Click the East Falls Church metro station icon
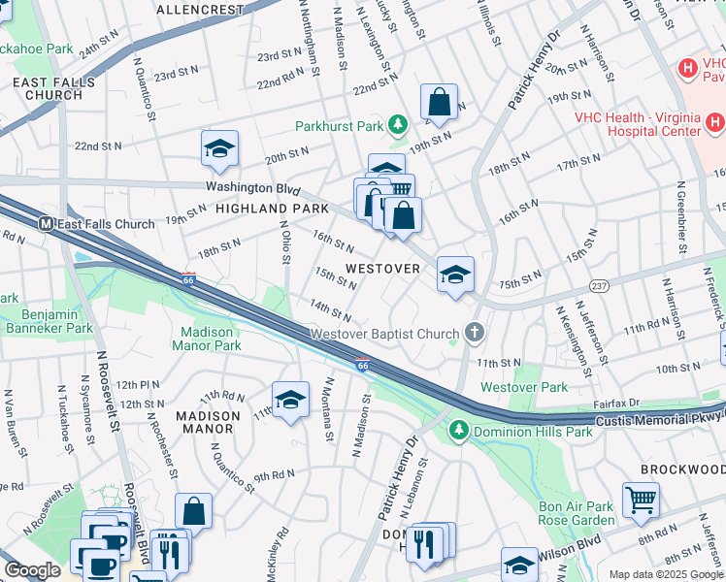coord(45,224)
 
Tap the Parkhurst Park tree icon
coord(397,125)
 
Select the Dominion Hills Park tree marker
coord(459,430)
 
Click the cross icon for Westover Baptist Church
coord(475,334)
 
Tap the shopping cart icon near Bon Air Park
coord(642,500)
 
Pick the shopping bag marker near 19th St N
coord(439,102)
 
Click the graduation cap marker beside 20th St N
coord(220,148)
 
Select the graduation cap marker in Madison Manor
coord(290,399)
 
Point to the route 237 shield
coord(599,285)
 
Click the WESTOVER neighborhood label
coord(383,268)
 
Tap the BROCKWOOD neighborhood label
coord(681,469)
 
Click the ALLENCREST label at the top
coord(200,10)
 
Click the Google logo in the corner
coord(32,570)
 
